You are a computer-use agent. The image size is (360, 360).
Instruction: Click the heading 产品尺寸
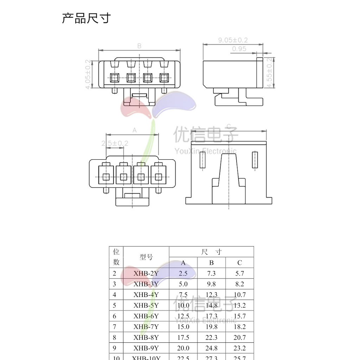(x=86, y=18)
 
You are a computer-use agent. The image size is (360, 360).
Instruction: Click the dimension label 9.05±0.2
(x=233, y=40)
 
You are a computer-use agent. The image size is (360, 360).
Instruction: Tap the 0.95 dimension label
(x=239, y=49)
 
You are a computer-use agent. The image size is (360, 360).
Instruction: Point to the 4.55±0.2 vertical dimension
(x=270, y=72)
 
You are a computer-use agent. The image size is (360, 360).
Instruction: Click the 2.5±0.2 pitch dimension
(x=115, y=143)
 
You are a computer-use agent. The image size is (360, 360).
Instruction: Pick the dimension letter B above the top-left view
(x=139, y=46)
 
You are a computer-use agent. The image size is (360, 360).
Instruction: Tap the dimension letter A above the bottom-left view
(x=134, y=130)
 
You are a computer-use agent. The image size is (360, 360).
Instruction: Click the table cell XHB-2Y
(x=146, y=273)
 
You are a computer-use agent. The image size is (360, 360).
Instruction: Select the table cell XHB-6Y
(x=146, y=316)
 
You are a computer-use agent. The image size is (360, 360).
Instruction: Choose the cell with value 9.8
(x=211, y=284)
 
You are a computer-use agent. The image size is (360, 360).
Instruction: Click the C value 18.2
(x=239, y=327)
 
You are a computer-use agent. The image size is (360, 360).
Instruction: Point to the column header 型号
(x=146, y=257)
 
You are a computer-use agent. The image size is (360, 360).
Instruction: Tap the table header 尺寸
(x=211, y=252)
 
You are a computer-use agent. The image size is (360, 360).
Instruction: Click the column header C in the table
(x=239, y=263)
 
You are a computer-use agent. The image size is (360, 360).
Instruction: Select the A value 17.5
(x=183, y=337)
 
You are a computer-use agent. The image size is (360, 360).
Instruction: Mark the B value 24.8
(x=211, y=348)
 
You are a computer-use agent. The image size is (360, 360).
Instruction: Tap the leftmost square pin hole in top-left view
(x=115, y=77)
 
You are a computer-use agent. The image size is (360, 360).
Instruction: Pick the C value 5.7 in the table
(x=239, y=273)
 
